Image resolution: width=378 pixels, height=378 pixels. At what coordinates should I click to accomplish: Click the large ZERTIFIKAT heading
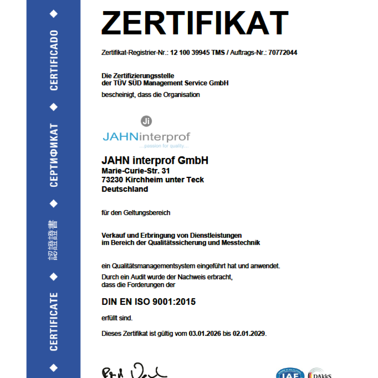195,23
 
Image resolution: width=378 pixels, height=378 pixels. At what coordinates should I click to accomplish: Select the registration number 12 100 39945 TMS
197,53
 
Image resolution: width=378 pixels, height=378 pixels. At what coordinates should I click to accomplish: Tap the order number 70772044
283,53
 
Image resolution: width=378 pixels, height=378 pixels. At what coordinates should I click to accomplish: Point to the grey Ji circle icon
146,121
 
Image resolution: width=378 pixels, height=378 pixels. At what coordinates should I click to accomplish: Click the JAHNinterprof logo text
146,137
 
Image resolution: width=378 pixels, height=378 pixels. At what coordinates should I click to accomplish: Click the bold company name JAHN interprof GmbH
155,161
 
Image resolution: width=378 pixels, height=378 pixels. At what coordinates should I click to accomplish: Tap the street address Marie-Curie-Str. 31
135,171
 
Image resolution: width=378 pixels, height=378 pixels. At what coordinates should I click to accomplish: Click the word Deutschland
125,189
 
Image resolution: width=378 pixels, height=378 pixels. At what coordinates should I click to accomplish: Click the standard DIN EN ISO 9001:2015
148,302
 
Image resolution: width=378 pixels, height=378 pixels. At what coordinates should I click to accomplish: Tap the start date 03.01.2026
205,334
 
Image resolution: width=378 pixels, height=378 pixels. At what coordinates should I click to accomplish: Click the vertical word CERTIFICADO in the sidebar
54,60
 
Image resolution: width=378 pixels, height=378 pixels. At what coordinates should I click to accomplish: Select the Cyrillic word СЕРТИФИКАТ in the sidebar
54,155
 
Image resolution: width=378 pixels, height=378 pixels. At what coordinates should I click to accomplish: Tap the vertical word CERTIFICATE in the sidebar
54,321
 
